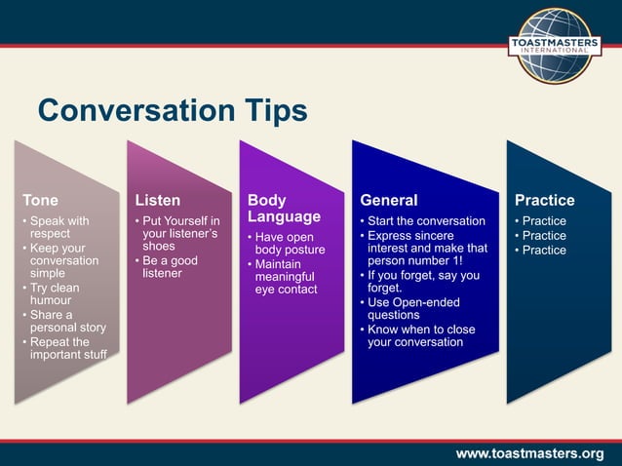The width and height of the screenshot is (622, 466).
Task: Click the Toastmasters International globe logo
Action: pos(554,46)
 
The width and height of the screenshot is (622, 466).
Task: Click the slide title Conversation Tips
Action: pos(172,110)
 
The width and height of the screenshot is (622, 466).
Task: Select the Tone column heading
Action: pos(40,200)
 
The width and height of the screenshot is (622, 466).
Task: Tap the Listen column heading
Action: pos(157,200)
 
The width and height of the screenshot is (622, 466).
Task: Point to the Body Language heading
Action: pos(284,208)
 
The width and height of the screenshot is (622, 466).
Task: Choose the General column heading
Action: pos(388,200)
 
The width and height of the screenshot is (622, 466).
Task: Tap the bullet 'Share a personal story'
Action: pos(63,322)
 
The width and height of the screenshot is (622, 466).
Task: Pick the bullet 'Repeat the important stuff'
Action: pos(65,349)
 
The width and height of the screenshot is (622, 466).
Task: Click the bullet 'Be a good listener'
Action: pos(170,267)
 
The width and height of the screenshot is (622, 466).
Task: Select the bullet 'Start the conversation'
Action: pos(425,220)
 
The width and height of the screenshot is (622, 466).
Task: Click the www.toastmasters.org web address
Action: pos(529,453)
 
